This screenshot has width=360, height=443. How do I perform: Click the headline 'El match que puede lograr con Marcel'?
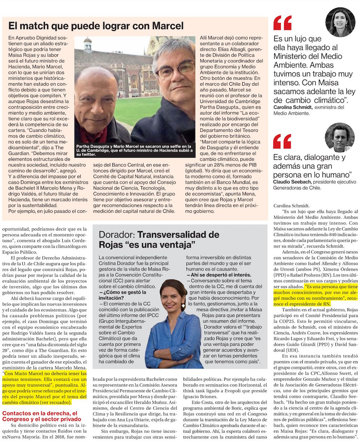click(x=96, y=26)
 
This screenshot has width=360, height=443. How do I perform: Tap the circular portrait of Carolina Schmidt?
click(x=340, y=22)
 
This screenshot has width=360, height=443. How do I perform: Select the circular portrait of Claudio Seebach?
click(x=339, y=137)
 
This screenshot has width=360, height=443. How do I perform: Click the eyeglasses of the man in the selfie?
click(x=175, y=70)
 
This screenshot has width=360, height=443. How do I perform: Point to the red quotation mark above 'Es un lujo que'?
click(x=282, y=23)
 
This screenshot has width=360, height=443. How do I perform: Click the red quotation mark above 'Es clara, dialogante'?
click(x=282, y=141)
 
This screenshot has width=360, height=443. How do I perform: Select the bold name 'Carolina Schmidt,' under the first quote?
click(x=293, y=107)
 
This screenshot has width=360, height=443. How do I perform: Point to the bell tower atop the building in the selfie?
click(x=87, y=44)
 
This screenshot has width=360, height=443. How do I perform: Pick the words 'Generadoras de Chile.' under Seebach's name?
click(x=297, y=188)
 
